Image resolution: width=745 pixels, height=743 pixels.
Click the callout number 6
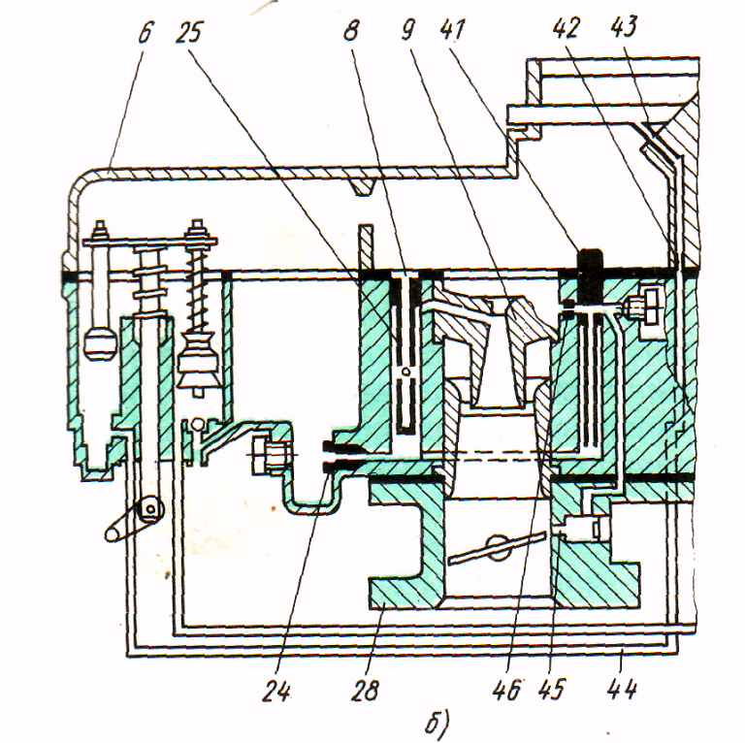(146, 32)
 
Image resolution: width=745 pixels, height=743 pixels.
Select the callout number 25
(189, 32)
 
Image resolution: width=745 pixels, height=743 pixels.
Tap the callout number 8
(350, 30)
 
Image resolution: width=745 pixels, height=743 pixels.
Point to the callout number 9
(407, 30)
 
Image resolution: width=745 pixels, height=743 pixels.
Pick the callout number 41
(452, 29)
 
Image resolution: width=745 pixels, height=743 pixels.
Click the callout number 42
(566, 27)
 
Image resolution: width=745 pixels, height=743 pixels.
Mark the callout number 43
(624, 26)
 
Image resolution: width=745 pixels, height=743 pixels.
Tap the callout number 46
(507, 690)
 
